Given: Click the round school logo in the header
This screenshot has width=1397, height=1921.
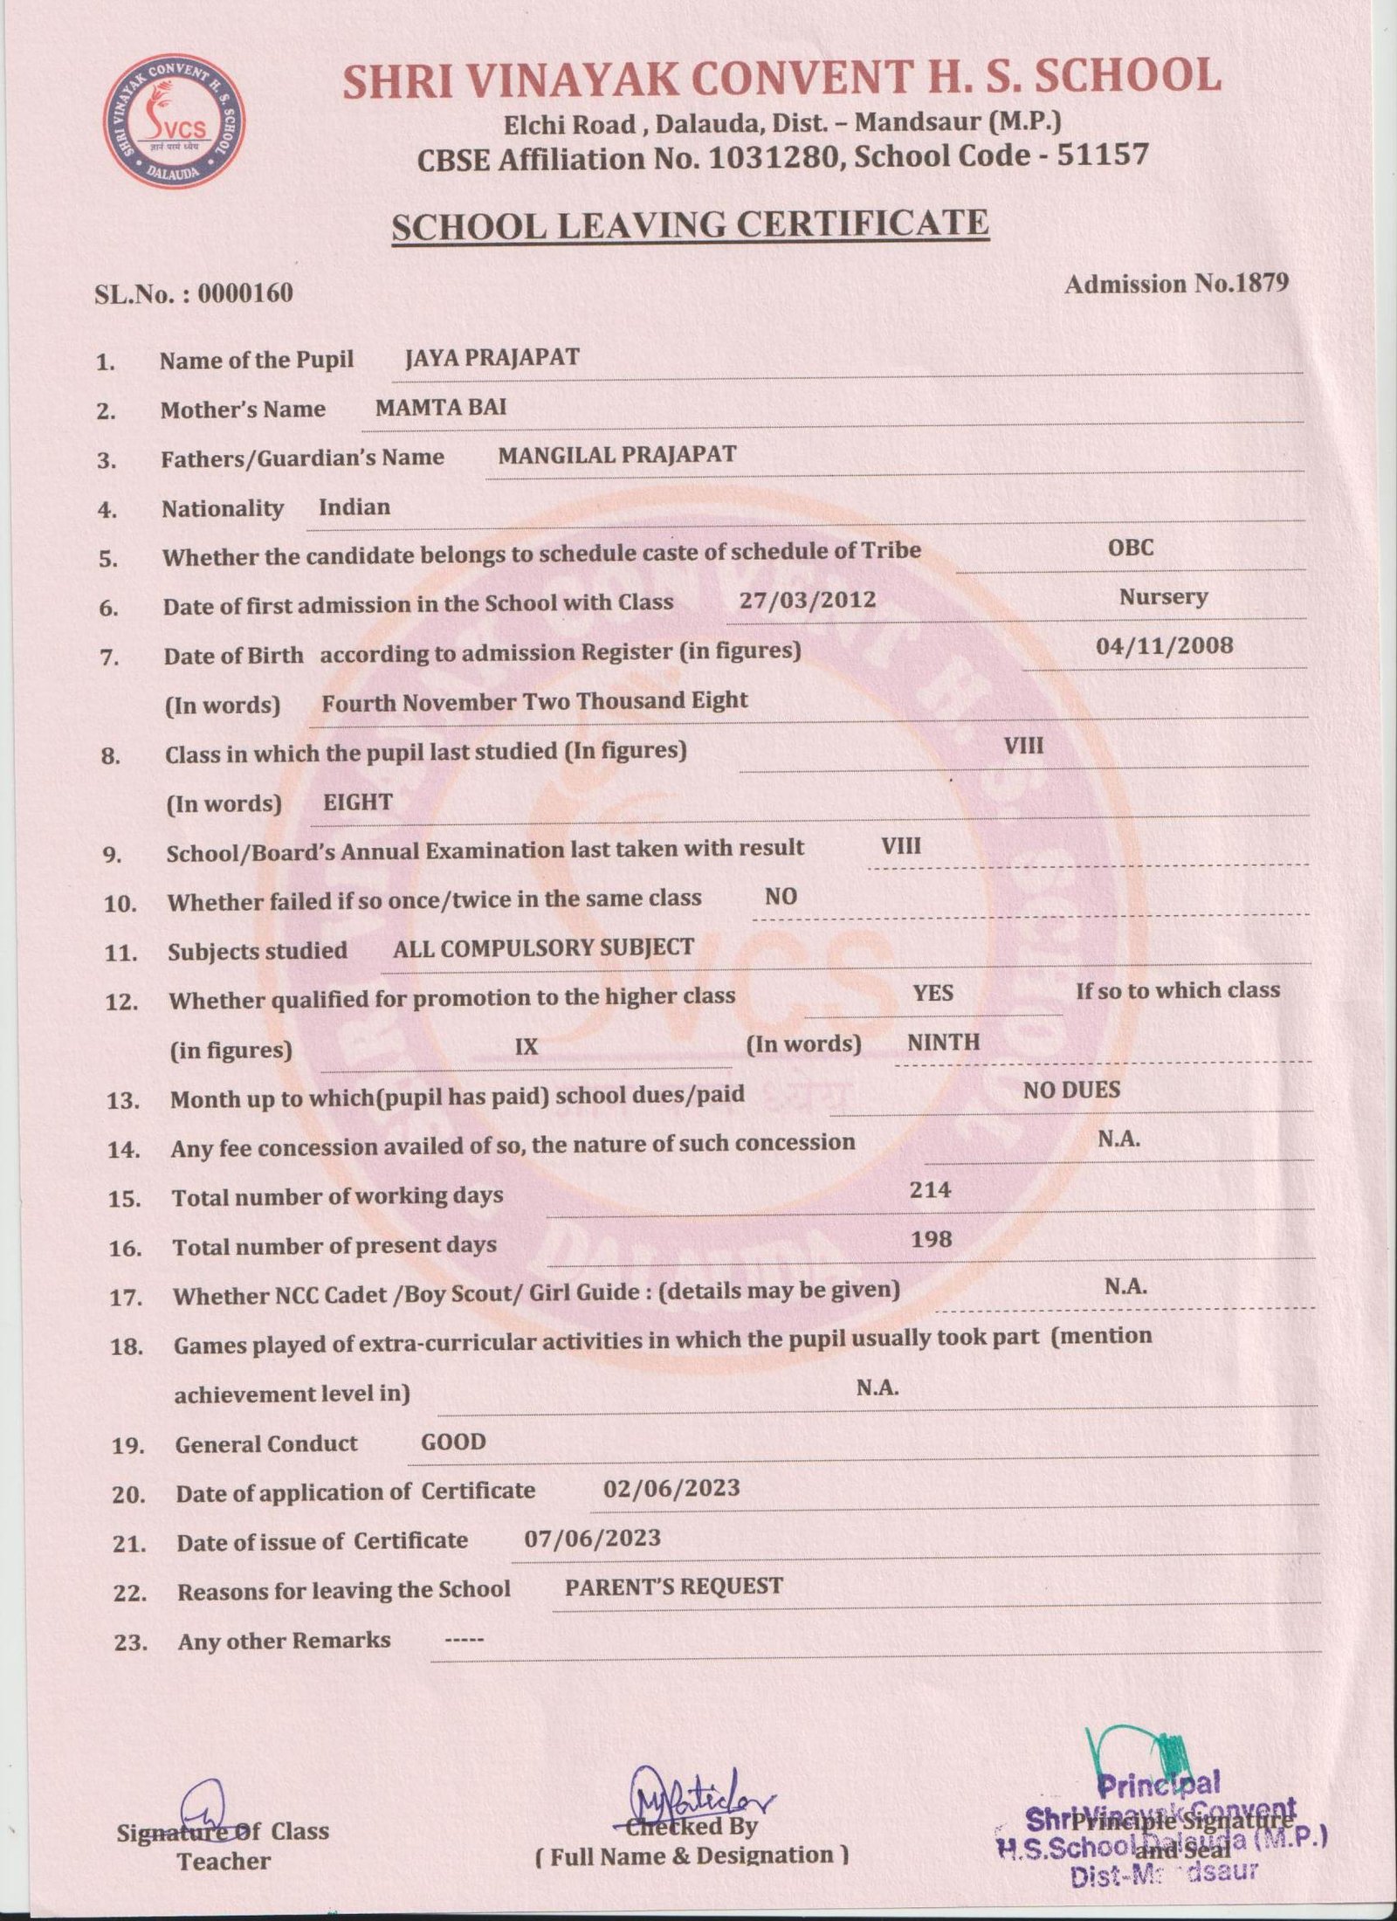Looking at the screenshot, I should (174, 121).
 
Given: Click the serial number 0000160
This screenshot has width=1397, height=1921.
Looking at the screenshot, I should (245, 293).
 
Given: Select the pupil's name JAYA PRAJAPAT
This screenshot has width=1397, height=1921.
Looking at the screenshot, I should (492, 357).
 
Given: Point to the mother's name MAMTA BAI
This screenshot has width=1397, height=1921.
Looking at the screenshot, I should (440, 406).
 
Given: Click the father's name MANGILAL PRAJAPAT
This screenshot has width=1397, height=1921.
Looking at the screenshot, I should (616, 454).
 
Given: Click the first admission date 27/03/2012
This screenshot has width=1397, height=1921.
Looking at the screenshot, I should (807, 599).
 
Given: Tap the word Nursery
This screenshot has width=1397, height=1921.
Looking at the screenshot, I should (1163, 597).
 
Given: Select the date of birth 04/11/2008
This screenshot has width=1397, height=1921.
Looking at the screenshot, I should (1164, 646).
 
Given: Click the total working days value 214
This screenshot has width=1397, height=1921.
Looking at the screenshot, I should (930, 1188).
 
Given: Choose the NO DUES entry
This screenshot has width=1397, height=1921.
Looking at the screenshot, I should (1071, 1090).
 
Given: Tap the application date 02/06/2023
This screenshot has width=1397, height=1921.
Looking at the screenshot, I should (671, 1488).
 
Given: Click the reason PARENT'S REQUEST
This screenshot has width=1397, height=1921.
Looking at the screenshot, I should (673, 1586).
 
